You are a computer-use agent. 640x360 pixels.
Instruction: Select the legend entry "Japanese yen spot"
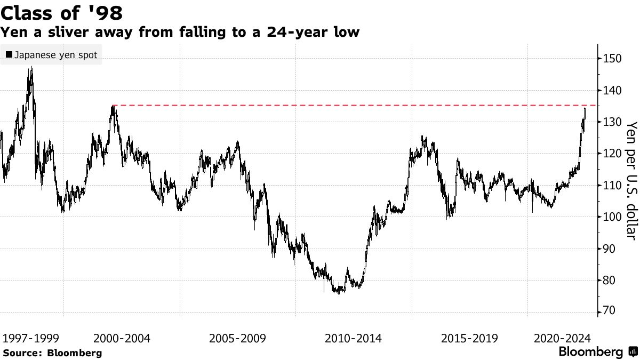pyautogui.click(x=52, y=55)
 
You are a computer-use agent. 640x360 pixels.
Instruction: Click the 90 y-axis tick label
pyautogui.click(x=608, y=249)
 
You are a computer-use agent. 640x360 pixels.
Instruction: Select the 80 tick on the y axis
pyautogui.click(x=608, y=281)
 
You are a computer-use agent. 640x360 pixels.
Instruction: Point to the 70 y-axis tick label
pyautogui.click(x=608, y=311)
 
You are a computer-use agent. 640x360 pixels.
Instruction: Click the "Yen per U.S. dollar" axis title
pyautogui.click(x=631, y=180)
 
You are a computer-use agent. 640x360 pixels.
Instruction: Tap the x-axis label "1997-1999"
pyautogui.click(x=30, y=338)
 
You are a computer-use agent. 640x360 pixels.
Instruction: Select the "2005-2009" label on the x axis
pyautogui.click(x=238, y=338)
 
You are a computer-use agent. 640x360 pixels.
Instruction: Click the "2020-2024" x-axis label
pyautogui.click(x=561, y=338)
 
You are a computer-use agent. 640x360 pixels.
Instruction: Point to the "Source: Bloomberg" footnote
pyautogui.click(x=52, y=353)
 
